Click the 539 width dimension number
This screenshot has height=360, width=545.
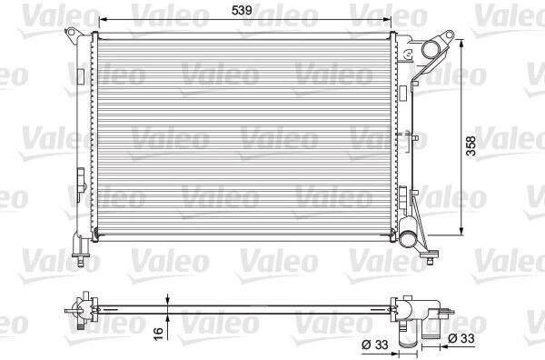pyautogui.click(x=242, y=10)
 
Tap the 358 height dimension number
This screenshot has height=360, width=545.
pyautogui.click(x=471, y=145)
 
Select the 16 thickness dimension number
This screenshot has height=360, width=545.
pyautogui.click(x=158, y=334)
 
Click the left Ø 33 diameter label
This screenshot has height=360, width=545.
pyautogui.click(x=374, y=345)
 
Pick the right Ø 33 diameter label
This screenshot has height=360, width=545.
pyautogui.click(x=461, y=338)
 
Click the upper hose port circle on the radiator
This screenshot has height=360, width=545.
pyautogui.click(x=431, y=50)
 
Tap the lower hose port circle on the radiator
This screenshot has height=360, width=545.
pyautogui.click(x=409, y=238)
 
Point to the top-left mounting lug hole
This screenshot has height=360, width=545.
pyautogui.click(x=71, y=33)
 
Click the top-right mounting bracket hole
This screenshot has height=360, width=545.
pyautogui.click(x=450, y=35)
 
